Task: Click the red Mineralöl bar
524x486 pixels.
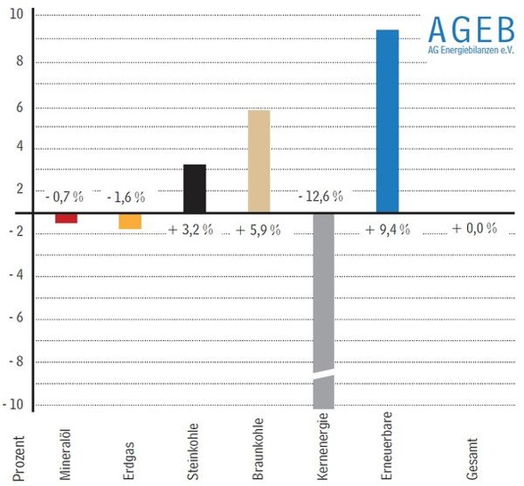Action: tap(66, 218)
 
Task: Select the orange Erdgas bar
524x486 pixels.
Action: tap(130, 221)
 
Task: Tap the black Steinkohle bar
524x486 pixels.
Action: tap(194, 188)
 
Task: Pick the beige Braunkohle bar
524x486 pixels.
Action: tap(258, 160)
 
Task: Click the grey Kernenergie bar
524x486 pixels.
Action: tap(322, 294)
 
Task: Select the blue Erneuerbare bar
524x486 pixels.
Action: tap(387, 121)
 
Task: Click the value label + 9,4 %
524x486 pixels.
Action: tap(387, 229)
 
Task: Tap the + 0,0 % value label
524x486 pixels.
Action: tap(473, 229)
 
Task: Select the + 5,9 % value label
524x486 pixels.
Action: tap(258, 230)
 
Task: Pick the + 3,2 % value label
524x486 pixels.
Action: tap(190, 230)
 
